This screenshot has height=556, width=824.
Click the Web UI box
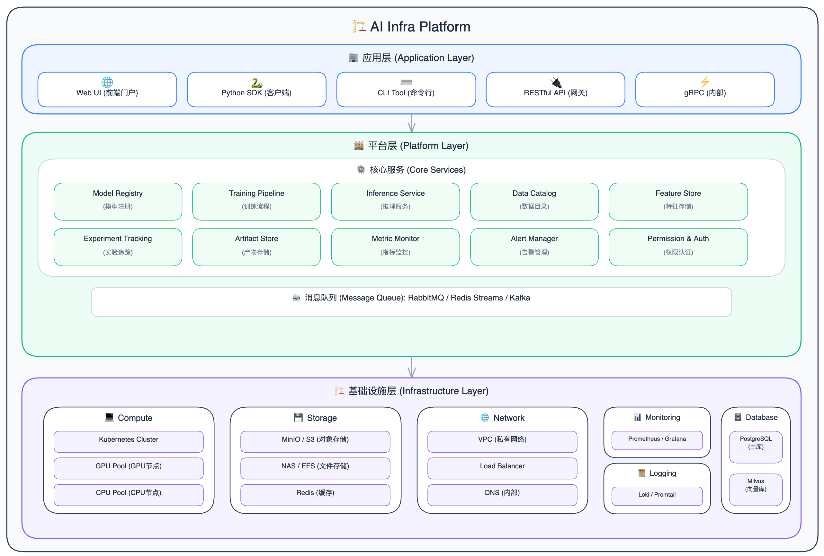click(x=107, y=89)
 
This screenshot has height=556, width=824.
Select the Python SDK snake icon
click(x=256, y=83)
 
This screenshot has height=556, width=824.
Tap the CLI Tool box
click(x=406, y=89)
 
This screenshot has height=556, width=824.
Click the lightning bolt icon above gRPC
click(x=704, y=82)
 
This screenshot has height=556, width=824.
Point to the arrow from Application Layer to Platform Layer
click(x=411, y=123)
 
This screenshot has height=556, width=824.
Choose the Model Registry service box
click(x=118, y=202)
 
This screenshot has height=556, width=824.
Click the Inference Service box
click(x=395, y=202)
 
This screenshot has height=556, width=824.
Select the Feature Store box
click(x=678, y=202)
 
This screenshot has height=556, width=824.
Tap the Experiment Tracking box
click(x=118, y=247)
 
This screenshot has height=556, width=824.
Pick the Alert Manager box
click(x=534, y=247)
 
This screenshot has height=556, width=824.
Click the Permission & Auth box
click(x=678, y=247)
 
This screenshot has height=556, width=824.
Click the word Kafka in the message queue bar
click(x=520, y=298)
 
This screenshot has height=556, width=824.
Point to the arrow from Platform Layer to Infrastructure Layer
click(x=411, y=367)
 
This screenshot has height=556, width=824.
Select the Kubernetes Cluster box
click(x=128, y=442)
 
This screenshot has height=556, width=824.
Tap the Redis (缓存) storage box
click(x=315, y=495)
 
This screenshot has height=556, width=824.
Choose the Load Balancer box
click(x=502, y=468)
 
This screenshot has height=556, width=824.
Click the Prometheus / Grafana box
click(x=657, y=440)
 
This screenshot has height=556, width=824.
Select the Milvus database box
click(x=755, y=490)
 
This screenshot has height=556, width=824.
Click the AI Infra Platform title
click(x=411, y=27)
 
